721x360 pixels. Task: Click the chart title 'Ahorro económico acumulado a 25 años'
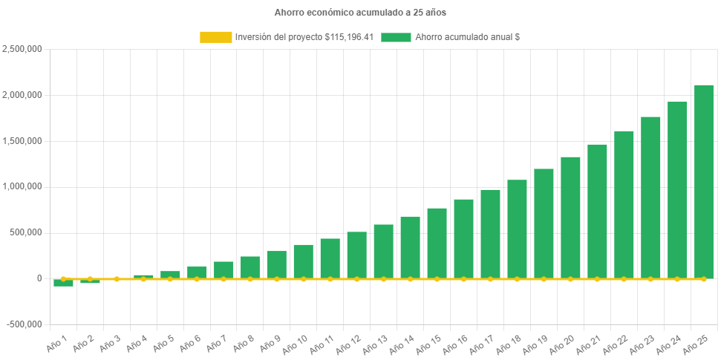pos(360,13)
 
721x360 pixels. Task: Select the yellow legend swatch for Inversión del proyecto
pos(215,37)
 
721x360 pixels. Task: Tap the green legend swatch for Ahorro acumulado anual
pos(396,37)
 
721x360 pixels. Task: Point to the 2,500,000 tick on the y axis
pos(22,49)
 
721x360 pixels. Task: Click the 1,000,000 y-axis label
pos(22,186)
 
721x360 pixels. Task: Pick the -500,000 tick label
pos(25,324)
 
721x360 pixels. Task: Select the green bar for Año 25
pos(703,181)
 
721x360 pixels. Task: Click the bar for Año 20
pos(570,217)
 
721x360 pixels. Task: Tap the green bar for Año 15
pos(437,243)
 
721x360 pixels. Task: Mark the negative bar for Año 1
pos(63,283)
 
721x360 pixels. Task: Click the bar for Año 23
pos(650,197)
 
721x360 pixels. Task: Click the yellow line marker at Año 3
pos(117,279)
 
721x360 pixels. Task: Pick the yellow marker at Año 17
pos(490,279)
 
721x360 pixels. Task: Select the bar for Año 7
pos(224,269)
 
